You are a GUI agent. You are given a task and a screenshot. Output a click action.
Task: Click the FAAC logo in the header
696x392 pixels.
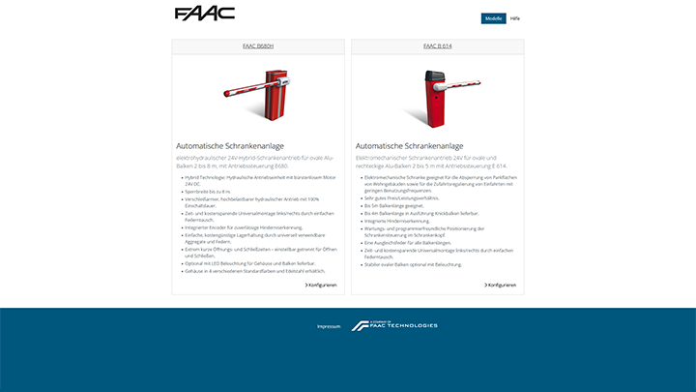click(197, 14)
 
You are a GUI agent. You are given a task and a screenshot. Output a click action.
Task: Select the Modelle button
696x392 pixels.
click(493, 18)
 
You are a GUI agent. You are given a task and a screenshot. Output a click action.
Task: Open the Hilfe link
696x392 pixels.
click(515, 18)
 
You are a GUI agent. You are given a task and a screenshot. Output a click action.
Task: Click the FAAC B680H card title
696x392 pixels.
click(258, 45)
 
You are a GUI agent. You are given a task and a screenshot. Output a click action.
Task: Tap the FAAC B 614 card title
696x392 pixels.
click(438, 45)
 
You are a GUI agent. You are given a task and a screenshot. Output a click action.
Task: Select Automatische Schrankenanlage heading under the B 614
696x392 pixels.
click(409, 145)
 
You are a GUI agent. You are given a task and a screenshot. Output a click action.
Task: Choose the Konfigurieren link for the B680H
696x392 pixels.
click(322, 285)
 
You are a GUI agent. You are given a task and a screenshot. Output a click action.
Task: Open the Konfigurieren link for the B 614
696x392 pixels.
click(501, 285)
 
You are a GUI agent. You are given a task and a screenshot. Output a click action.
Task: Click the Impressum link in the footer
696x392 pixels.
click(329, 326)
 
